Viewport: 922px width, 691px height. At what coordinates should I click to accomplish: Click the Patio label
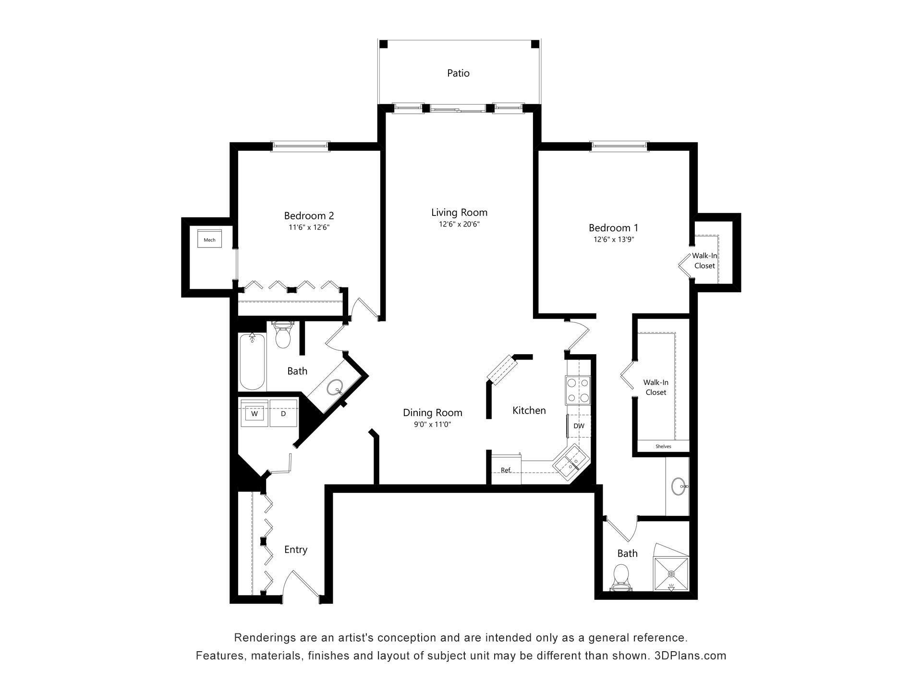point(458,73)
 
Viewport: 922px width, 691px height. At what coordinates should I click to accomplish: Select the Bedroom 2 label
point(309,216)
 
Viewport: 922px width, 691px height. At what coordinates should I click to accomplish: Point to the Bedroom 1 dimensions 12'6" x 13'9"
point(614,239)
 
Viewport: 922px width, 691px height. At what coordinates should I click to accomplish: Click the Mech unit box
point(210,238)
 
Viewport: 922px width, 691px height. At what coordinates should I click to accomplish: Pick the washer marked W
point(254,413)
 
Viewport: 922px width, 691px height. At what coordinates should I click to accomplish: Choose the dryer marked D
point(283,413)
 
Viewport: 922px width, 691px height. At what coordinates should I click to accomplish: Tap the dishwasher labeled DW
point(579,426)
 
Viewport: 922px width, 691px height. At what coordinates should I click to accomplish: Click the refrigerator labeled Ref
point(506,469)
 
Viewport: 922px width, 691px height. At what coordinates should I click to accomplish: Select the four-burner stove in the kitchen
point(578,390)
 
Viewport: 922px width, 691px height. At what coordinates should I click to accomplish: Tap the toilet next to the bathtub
point(283,334)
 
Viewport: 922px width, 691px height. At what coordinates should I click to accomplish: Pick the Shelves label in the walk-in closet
point(663,446)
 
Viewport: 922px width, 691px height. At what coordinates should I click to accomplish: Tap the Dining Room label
point(433,413)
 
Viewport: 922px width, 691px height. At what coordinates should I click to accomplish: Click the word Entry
point(296,549)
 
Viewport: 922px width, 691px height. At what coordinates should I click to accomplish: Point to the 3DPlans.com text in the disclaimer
point(691,655)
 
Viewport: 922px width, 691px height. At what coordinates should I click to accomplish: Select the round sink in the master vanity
point(679,486)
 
